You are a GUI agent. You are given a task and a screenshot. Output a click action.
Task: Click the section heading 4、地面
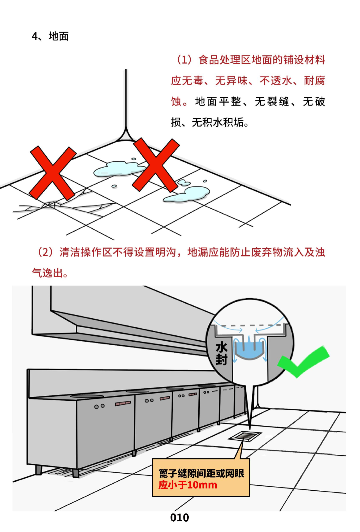tap(50, 36)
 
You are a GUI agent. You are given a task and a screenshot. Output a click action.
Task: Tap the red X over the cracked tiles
tap(53, 173)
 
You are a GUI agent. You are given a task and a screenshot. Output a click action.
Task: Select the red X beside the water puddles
tap(156, 165)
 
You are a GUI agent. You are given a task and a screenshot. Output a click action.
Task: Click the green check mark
tap(303, 362)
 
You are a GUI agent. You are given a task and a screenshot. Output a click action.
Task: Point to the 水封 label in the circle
tap(221, 353)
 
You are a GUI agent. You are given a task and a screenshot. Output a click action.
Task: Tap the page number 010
tap(180, 518)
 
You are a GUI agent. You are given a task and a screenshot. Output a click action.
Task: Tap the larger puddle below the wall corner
tap(120, 169)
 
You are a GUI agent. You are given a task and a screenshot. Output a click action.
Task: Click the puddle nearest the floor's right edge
tap(187, 194)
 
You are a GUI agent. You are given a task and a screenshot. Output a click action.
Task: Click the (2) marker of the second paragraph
tap(45, 252)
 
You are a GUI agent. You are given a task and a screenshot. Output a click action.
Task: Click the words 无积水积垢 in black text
tap(218, 123)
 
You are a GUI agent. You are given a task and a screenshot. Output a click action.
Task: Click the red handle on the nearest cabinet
tap(123, 403)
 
